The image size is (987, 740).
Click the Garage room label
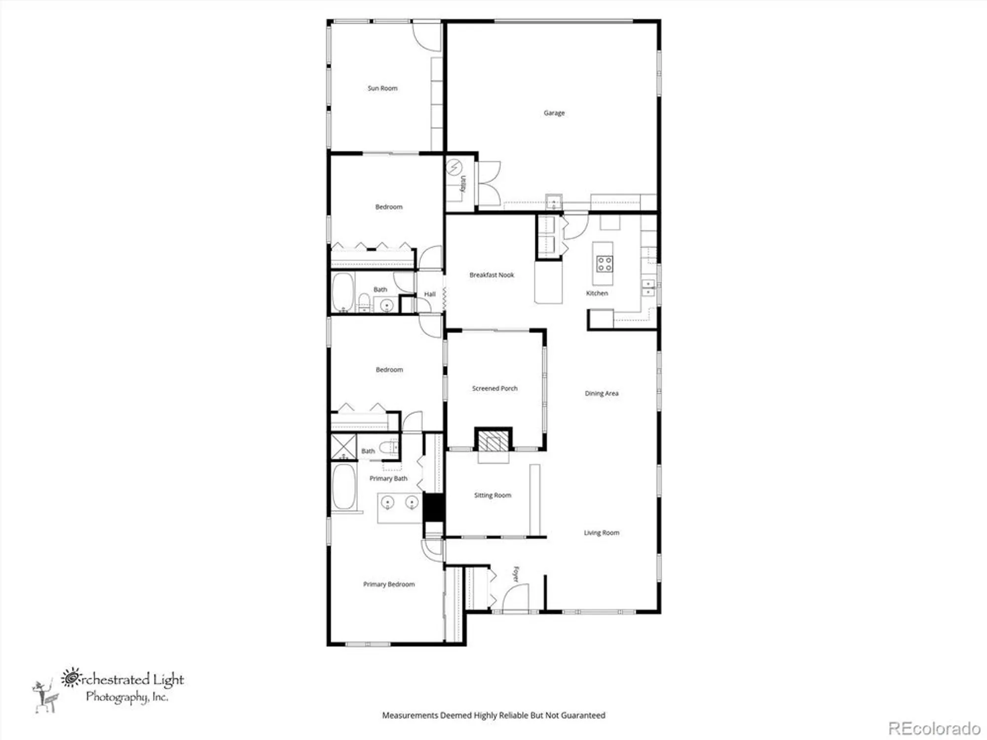click(x=554, y=113)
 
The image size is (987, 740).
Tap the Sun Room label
click(x=382, y=88)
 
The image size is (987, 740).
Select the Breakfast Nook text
click(x=492, y=275)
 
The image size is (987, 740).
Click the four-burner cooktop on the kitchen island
click(x=605, y=264)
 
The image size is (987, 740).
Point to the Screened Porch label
click(x=494, y=388)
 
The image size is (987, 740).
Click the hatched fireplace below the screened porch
click(x=493, y=440)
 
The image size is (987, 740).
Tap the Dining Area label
click(x=601, y=393)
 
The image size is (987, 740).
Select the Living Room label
click(x=601, y=533)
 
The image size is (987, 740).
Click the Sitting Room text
click(x=493, y=495)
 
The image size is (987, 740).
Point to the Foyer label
click(x=516, y=574)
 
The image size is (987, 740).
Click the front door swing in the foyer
click(x=516, y=598)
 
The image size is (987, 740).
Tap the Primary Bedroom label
click(x=389, y=584)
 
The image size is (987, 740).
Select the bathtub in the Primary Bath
click(x=343, y=486)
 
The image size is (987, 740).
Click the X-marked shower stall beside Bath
click(x=343, y=446)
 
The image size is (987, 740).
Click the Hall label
click(x=430, y=294)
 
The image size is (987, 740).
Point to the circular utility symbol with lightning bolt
click(x=454, y=168)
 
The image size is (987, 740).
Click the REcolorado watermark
click(x=934, y=728)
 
